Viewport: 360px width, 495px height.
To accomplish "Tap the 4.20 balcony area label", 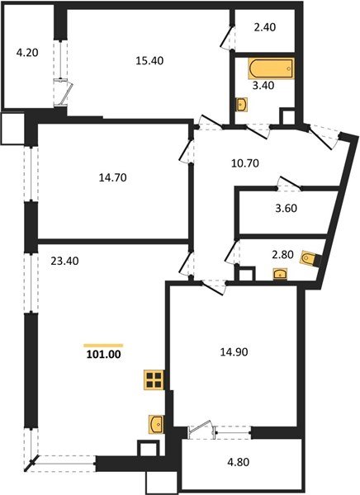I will (x=27, y=56).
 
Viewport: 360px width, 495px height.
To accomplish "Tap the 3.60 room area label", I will (x=285, y=208).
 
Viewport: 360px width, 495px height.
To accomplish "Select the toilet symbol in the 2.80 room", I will (x=309, y=258).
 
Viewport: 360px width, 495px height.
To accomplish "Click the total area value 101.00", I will (x=103, y=356).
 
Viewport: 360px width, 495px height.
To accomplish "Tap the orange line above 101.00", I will (x=103, y=345).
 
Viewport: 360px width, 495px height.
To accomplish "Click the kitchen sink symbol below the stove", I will (x=154, y=424).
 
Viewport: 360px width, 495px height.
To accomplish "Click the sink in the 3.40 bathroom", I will (x=240, y=104).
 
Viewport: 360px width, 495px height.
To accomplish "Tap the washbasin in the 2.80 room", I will (x=280, y=275).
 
